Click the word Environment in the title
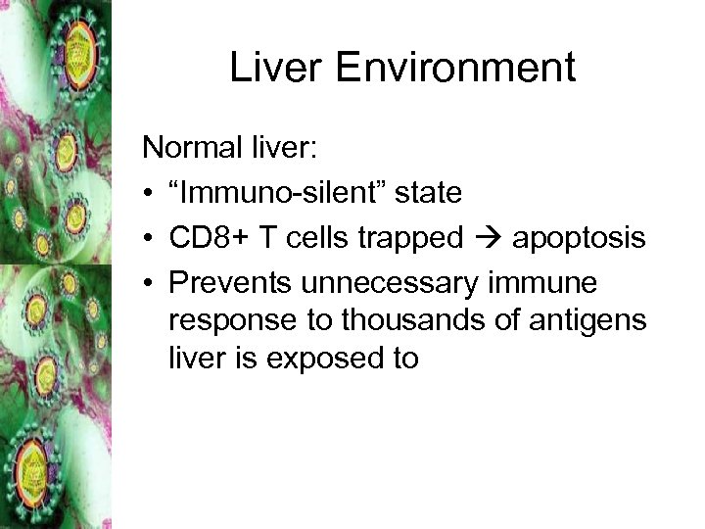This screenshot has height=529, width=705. (451, 68)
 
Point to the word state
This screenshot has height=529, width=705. (426, 192)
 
